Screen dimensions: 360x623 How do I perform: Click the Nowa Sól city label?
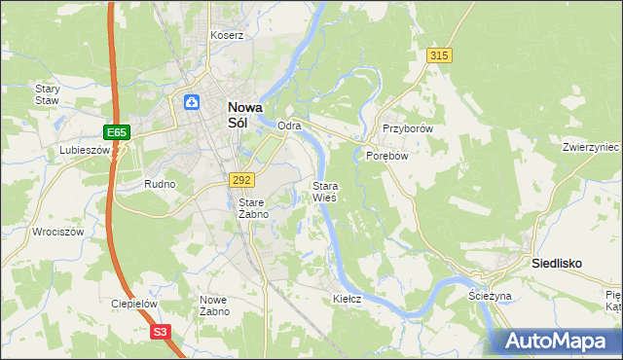tap(243, 116)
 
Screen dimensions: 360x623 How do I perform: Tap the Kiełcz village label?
tap(348, 299)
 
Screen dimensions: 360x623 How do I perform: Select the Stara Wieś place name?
tap(324, 191)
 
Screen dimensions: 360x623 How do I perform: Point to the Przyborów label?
tap(407, 128)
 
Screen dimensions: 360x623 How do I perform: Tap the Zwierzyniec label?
tap(591, 147)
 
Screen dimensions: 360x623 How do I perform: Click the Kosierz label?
tap(227, 35)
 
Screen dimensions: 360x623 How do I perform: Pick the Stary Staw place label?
tap(48, 94)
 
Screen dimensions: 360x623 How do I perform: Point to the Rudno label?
tap(159, 184)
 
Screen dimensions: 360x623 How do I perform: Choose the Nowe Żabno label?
tap(214, 306)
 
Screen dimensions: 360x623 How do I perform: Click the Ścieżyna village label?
tap(490, 296)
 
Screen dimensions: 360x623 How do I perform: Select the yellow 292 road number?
tap(242, 180)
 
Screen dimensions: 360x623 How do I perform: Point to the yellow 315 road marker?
tap(439, 56)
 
